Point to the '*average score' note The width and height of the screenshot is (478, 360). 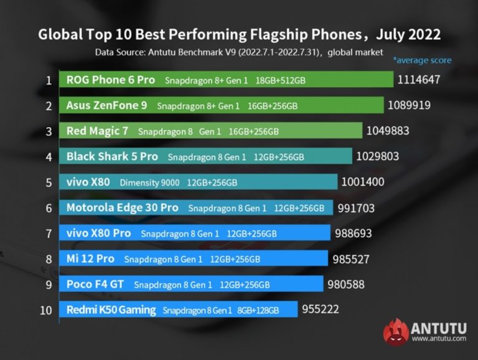click(421, 60)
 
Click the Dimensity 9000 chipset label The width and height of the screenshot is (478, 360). click(149, 182)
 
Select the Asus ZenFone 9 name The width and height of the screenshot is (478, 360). click(107, 105)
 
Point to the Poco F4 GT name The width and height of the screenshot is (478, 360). click(95, 285)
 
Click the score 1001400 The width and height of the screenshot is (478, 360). click(362, 182)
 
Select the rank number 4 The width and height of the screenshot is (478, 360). click(48, 157)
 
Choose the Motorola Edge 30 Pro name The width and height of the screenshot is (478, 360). click(122, 208)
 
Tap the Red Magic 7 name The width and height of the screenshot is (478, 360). click(98, 131)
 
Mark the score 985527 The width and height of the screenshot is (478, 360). click(352, 259)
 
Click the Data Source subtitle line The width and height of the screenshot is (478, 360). click(239, 52)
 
